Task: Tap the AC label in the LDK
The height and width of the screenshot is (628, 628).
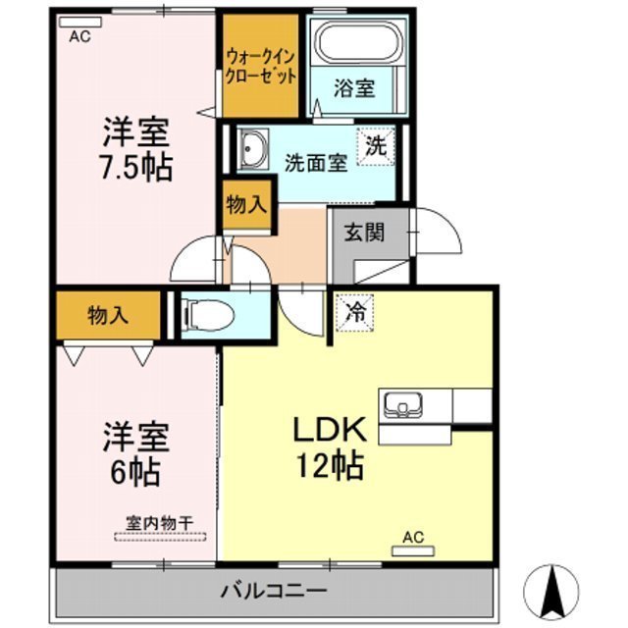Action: pyautogui.click(x=413, y=538)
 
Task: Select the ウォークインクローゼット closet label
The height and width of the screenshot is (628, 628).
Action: pyautogui.click(x=259, y=66)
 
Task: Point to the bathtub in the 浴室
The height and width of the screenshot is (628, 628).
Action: pyautogui.click(x=357, y=44)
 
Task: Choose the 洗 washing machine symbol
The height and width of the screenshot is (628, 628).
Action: pyautogui.click(x=376, y=146)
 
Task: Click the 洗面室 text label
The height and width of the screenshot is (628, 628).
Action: pyautogui.click(x=316, y=164)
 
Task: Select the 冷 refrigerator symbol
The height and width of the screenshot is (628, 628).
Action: pyautogui.click(x=355, y=313)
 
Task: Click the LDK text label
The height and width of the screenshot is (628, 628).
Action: pyautogui.click(x=328, y=430)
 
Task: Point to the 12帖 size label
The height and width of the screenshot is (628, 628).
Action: pyautogui.click(x=328, y=465)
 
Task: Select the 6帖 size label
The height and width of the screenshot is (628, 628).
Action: pyautogui.click(x=135, y=472)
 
